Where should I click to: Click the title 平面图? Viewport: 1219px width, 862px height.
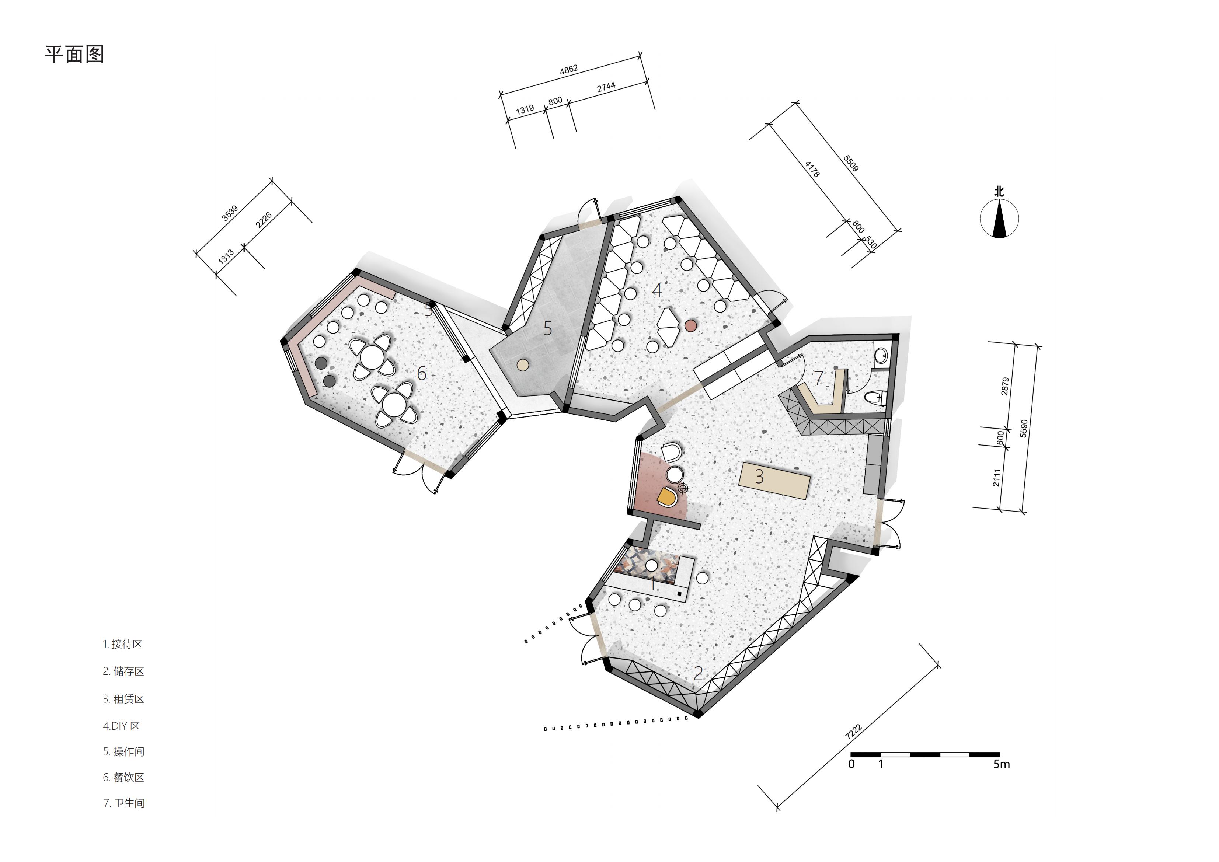(x=74, y=54)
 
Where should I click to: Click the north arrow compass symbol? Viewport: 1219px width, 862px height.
(x=999, y=218)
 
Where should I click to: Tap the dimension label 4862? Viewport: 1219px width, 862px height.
(x=569, y=70)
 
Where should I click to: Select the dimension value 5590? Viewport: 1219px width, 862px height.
(x=1024, y=428)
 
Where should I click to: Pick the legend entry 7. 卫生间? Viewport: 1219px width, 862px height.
(x=124, y=803)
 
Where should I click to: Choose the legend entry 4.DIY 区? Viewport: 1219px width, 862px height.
(x=121, y=726)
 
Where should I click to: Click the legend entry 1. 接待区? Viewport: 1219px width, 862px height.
(x=123, y=644)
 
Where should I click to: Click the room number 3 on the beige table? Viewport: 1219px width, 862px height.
(x=759, y=477)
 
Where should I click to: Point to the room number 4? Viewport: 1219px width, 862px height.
(x=657, y=290)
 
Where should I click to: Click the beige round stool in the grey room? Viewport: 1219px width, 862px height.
(x=523, y=365)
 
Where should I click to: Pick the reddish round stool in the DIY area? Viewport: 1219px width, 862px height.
(x=690, y=326)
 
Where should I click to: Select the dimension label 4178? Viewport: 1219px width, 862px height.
(x=812, y=169)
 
